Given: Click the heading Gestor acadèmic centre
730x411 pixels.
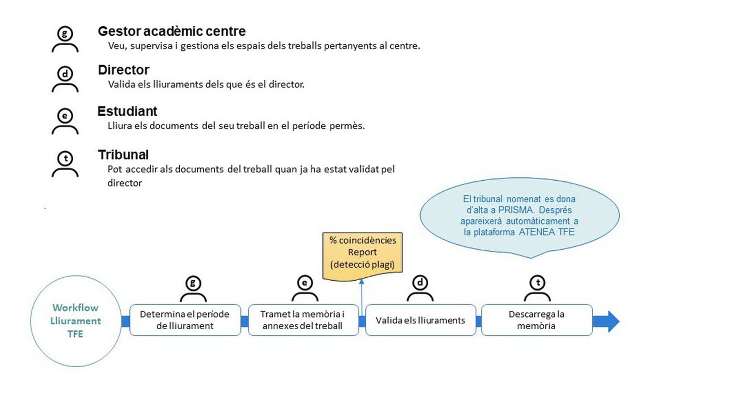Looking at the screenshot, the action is [172, 31].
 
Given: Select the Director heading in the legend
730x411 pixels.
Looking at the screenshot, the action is [124, 70].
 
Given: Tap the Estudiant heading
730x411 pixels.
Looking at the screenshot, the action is [127, 111].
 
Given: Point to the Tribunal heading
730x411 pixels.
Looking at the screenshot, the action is [123, 155].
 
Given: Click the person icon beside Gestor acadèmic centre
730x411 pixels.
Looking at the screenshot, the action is [65, 39].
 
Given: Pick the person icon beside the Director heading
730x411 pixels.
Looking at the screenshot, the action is [65, 79].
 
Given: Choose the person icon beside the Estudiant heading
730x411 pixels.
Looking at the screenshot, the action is [65, 121].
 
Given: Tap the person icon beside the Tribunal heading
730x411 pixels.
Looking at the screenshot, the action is [65, 164].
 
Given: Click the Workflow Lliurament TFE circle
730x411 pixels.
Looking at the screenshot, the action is [76, 321].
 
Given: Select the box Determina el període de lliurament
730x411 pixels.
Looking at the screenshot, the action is [185, 320].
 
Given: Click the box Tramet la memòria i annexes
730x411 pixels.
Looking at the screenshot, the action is [303, 320].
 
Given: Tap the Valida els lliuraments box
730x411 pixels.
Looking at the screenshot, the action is [421, 320].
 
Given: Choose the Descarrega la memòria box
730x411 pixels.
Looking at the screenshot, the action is [537, 320].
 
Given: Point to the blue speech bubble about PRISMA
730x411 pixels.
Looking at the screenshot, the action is [519, 216].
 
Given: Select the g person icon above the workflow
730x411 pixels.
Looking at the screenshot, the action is [193, 289].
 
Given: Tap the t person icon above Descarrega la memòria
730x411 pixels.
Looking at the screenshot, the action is [538, 288].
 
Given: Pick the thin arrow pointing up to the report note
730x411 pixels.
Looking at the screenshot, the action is [361, 297].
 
